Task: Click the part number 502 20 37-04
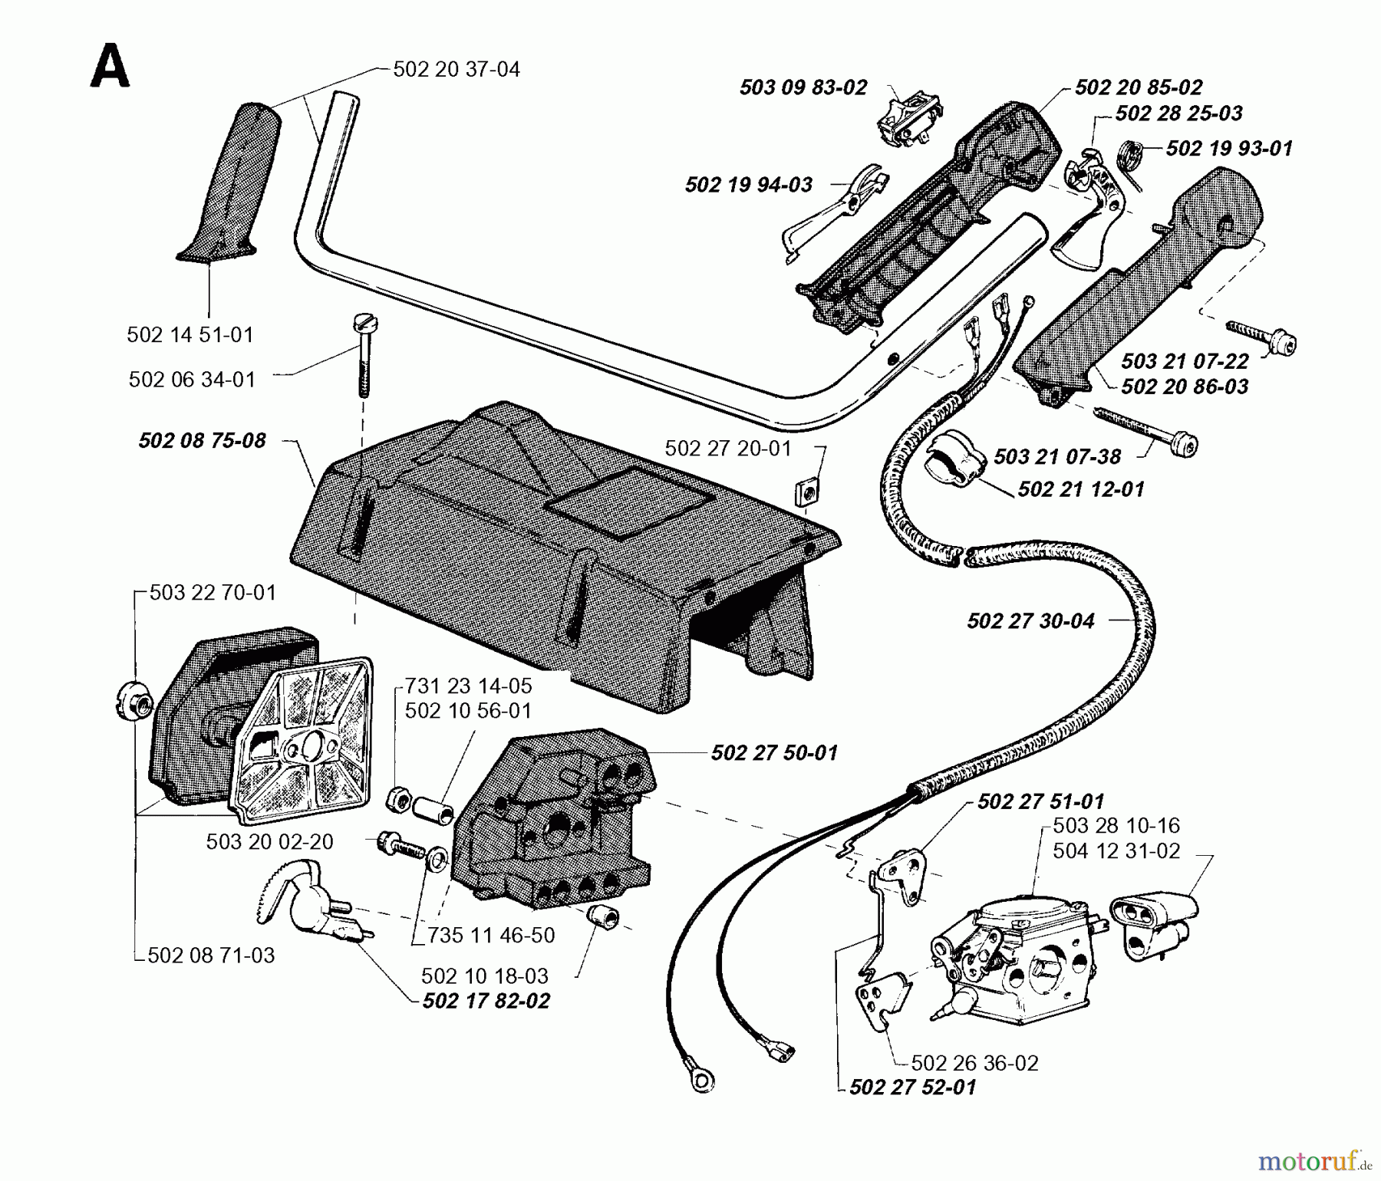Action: click(456, 70)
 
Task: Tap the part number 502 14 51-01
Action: click(190, 335)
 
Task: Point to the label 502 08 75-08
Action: click(202, 441)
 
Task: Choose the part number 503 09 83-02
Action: click(803, 87)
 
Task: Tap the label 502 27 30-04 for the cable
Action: click(1030, 621)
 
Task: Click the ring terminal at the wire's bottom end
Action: click(699, 1080)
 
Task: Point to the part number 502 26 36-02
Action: click(974, 1063)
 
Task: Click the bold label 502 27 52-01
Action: click(912, 1087)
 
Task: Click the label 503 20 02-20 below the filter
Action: click(269, 842)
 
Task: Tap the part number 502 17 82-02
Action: click(486, 1002)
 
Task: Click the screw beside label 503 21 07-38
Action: click(1151, 433)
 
